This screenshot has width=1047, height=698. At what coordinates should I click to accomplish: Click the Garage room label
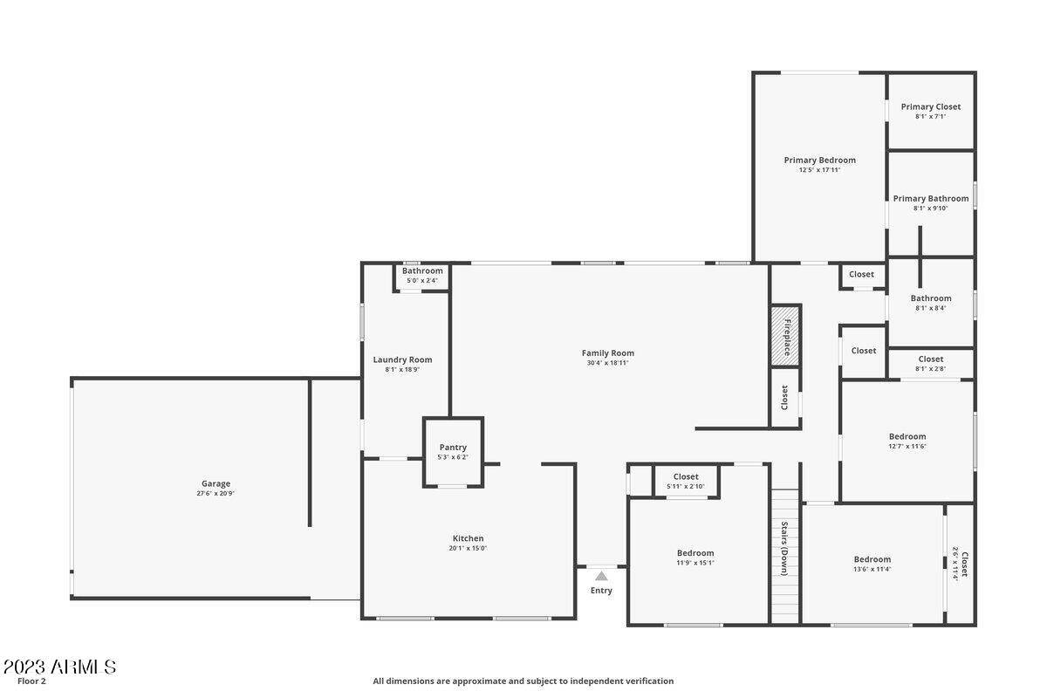(216, 483)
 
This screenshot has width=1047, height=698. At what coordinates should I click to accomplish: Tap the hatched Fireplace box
(785, 336)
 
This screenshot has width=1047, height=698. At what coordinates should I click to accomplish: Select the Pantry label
(453, 448)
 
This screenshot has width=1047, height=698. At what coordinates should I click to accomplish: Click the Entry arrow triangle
(601, 576)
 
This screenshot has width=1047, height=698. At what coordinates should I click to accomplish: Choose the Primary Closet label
(931, 106)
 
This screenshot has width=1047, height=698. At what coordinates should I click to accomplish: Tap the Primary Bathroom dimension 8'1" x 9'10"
(931, 209)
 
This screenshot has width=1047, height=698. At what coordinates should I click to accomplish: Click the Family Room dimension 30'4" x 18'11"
(608, 363)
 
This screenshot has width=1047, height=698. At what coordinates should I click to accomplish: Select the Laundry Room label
(402, 359)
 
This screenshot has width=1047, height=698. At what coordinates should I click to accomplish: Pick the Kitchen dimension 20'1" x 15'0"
(468, 549)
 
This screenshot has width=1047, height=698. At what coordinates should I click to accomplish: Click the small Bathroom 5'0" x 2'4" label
(422, 270)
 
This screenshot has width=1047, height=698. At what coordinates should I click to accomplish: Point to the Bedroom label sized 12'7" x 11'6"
(907, 436)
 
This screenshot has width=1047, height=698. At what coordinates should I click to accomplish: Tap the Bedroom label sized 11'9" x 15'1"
(695, 552)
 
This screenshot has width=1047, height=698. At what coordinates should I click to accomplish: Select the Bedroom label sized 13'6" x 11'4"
(872, 559)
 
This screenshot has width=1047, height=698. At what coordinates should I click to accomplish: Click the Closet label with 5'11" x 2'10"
(686, 476)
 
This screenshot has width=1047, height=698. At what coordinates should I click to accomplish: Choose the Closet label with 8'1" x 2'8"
(931, 359)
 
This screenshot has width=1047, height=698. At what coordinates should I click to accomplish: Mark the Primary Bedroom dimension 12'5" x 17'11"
(819, 170)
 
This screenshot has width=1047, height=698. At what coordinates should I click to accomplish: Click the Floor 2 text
(31, 681)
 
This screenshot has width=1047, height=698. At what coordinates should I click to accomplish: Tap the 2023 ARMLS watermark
(58, 667)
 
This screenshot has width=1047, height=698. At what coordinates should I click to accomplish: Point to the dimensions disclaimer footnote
(523, 681)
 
